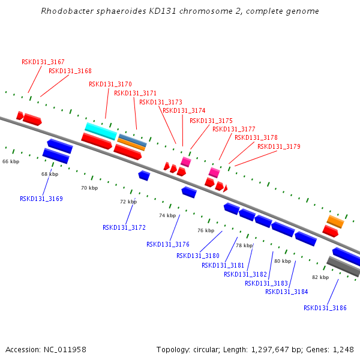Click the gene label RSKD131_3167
(x=43, y=62)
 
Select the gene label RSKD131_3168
(x=70, y=71)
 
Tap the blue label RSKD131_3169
(x=41, y=199)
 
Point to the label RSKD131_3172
(x=124, y=227)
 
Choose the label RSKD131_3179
(x=279, y=146)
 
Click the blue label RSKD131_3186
(x=325, y=308)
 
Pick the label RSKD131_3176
(x=168, y=244)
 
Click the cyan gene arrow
(x=100, y=131)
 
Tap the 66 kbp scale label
(x=11, y=161)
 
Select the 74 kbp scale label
(x=167, y=215)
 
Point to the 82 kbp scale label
(x=320, y=277)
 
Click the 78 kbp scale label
(x=244, y=245)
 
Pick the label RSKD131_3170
(x=110, y=85)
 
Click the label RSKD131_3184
(x=287, y=292)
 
